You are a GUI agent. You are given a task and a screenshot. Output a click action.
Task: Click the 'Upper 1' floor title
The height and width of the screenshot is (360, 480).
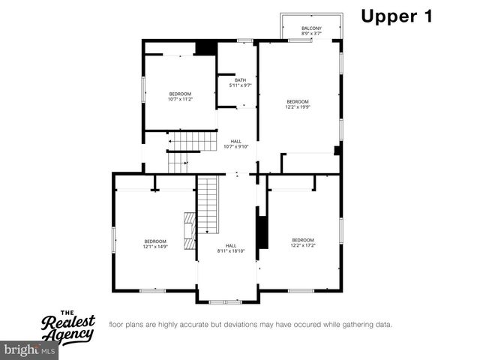(x=397, y=17)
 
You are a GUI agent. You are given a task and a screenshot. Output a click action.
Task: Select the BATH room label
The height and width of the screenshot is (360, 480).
(x=240, y=80)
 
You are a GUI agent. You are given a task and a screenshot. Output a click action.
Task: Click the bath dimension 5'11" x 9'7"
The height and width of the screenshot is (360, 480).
(x=240, y=85)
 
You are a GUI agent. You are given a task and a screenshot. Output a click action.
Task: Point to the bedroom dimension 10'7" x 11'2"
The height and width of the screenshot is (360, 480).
(x=180, y=99)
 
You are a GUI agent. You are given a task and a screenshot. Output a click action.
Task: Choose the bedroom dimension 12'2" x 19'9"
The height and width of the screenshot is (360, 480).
(x=298, y=106)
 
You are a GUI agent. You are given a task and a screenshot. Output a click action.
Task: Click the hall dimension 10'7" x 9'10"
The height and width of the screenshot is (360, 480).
(x=235, y=146)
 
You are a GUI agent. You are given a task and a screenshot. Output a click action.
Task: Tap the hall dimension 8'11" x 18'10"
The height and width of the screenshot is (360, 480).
(x=231, y=250)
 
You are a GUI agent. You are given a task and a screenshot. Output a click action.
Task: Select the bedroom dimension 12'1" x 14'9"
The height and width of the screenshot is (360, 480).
(x=155, y=246)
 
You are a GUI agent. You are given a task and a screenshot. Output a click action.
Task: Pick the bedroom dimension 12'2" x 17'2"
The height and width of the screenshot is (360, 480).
(x=303, y=245)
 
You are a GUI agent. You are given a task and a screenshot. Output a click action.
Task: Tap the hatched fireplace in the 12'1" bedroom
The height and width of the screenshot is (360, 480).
(x=190, y=225)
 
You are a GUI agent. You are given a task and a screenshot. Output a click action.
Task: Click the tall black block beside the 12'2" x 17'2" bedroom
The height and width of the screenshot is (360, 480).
(x=262, y=232)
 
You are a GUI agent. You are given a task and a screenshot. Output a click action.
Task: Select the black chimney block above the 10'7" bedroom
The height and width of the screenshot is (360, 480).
(x=205, y=47)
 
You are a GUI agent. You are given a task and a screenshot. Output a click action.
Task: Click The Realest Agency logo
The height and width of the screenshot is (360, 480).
(x=67, y=325)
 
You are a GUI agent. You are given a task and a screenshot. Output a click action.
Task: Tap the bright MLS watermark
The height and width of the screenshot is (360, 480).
(x=30, y=350)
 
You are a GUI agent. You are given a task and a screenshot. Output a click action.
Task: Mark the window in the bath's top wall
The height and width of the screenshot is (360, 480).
(x=244, y=40)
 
